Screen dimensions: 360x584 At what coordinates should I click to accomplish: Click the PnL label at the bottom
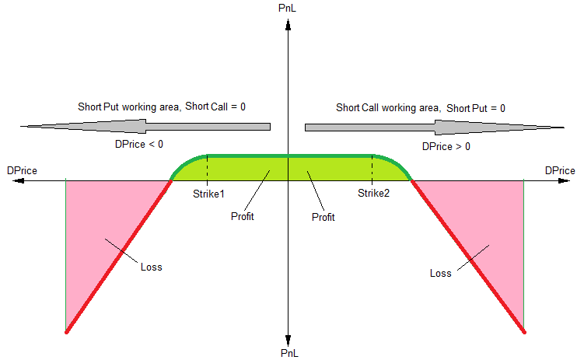coord(288,353)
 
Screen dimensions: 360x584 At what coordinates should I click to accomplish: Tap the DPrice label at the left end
coord(21,170)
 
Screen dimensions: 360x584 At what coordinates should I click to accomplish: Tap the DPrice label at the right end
coord(560,170)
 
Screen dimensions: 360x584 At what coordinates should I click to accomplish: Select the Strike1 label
coord(208,193)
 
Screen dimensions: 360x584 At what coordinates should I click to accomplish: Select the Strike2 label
coord(373,193)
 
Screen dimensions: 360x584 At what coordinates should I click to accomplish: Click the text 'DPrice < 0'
coord(139,144)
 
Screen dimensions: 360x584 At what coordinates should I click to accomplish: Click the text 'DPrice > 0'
coord(446,145)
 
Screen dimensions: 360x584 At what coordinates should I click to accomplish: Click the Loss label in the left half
coord(151,267)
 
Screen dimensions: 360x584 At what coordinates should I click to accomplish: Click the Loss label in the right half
coord(440,273)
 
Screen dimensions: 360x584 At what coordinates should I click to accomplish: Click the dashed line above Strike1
coord(208,169)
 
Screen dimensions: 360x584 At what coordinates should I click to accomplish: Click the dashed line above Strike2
coord(372,169)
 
